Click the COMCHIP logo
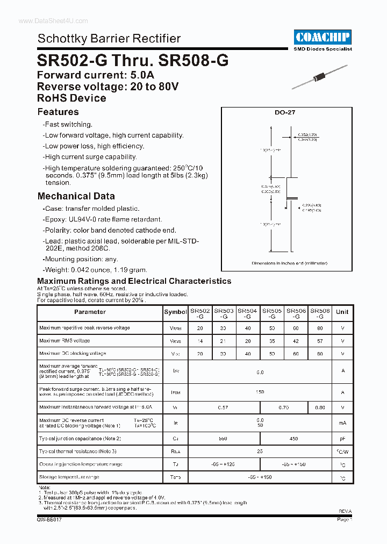[323, 37]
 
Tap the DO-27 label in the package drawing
[285, 113]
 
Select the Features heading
[58, 112]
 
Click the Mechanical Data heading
[76, 196]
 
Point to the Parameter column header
[90, 312]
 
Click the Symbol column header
[175, 312]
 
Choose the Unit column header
[342, 312]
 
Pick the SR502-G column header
[200, 314]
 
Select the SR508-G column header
[320, 314]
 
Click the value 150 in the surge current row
[260, 392]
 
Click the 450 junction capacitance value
[293, 439]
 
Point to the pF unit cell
[342, 439]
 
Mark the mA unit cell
[342, 424]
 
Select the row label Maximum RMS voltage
[64, 341]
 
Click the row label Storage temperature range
[69, 477]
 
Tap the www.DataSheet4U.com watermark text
[46, 20]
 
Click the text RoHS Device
[71, 98]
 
